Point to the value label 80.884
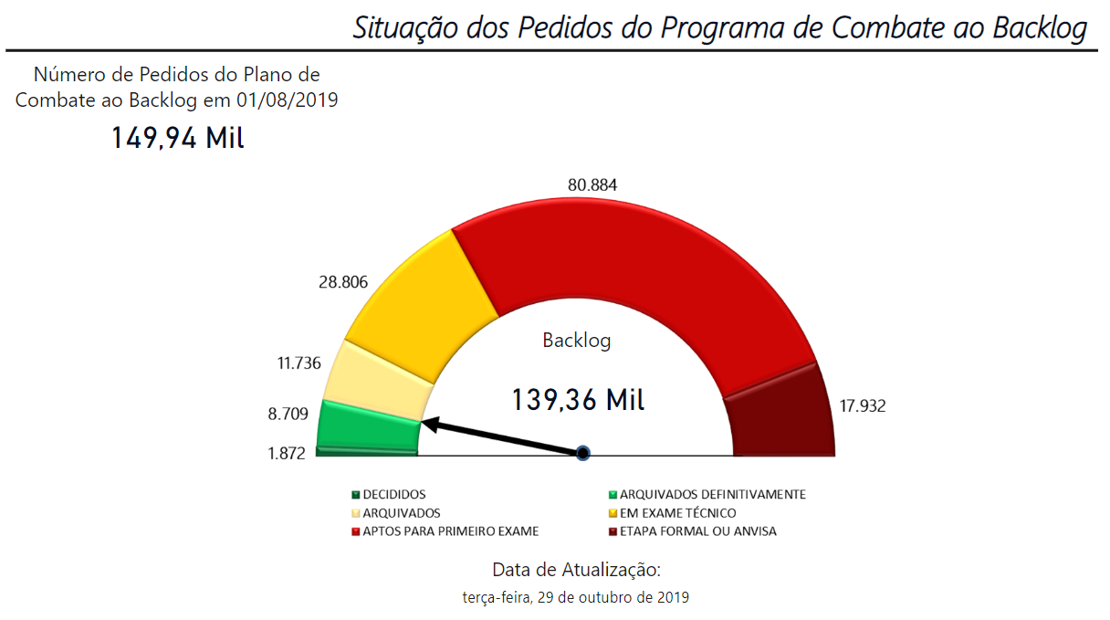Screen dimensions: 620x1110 coord(592,185)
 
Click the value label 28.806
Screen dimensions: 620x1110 coord(343,282)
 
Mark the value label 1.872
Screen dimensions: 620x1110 coord(287,453)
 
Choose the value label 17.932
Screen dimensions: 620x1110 coord(863,406)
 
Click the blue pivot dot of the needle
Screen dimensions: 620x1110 coord(583,453)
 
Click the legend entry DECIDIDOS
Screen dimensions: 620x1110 coord(393,495)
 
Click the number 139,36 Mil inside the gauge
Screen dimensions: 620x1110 coord(577,400)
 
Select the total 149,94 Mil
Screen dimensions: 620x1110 coord(178,138)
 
